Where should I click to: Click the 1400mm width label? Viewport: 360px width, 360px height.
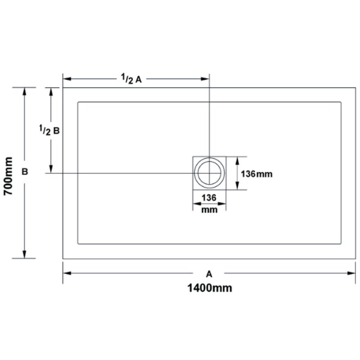[210, 288]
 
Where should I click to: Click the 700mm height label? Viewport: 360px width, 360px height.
[8, 176]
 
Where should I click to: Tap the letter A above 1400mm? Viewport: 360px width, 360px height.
[209, 274]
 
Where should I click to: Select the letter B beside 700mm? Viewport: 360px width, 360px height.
[25, 171]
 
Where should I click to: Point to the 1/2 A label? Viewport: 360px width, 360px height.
[131, 79]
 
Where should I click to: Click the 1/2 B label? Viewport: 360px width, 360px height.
[49, 130]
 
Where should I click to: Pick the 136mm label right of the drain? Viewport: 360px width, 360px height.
[256, 174]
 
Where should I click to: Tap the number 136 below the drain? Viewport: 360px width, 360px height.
[209, 198]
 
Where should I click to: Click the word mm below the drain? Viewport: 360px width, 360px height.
[209, 210]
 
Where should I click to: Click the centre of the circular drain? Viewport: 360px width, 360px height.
[209, 173]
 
